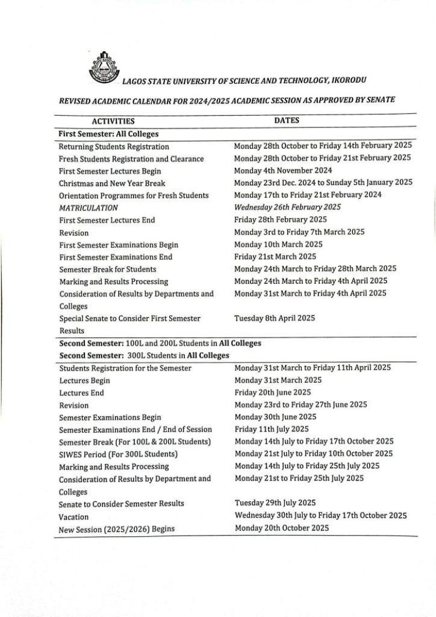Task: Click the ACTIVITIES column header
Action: pos(113,122)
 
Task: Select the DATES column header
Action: pos(287,120)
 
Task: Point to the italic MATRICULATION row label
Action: pos(88,208)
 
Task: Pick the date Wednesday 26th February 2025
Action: pos(287,207)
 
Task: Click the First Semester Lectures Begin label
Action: pos(110,171)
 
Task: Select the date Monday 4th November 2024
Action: pos(283,170)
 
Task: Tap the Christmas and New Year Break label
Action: pos(112,183)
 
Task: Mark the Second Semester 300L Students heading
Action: pos(144,355)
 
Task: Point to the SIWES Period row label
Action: pos(118,454)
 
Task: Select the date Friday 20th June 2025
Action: pos(273,393)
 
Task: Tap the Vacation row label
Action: pos(74,516)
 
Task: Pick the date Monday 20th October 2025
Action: pos(281,528)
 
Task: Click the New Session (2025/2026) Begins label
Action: pos(117,529)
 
